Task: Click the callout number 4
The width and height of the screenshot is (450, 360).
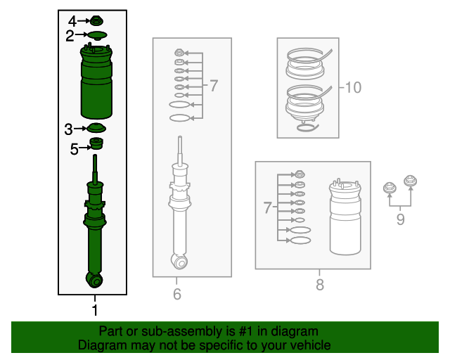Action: (x=72, y=21)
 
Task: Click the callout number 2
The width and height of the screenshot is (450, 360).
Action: (x=70, y=34)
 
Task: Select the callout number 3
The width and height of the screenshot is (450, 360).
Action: (x=68, y=129)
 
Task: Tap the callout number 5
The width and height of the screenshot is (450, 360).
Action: (x=75, y=148)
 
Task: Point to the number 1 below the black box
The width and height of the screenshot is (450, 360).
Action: (x=94, y=309)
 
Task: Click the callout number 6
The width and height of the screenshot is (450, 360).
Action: (x=177, y=294)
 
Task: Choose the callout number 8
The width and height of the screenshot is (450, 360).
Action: (x=319, y=285)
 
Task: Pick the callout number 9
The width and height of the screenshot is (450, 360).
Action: (x=400, y=220)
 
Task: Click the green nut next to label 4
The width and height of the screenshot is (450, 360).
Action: (x=96, y=21)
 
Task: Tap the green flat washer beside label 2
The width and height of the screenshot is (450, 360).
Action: (x=96, y=34)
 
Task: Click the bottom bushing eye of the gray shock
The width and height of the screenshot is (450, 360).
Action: (x=181, y=262)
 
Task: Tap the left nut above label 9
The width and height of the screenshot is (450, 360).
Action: (x=389, y=188)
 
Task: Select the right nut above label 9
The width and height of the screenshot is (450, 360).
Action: (x=411, y=181)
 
